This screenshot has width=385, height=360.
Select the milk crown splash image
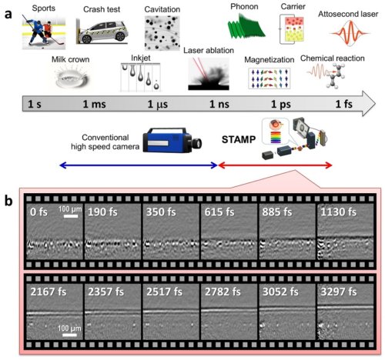coord(65,77)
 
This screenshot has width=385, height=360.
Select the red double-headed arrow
coord(276,165)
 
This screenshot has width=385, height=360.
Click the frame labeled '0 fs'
coord(55,235)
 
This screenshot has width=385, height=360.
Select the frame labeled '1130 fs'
coord(346,235)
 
